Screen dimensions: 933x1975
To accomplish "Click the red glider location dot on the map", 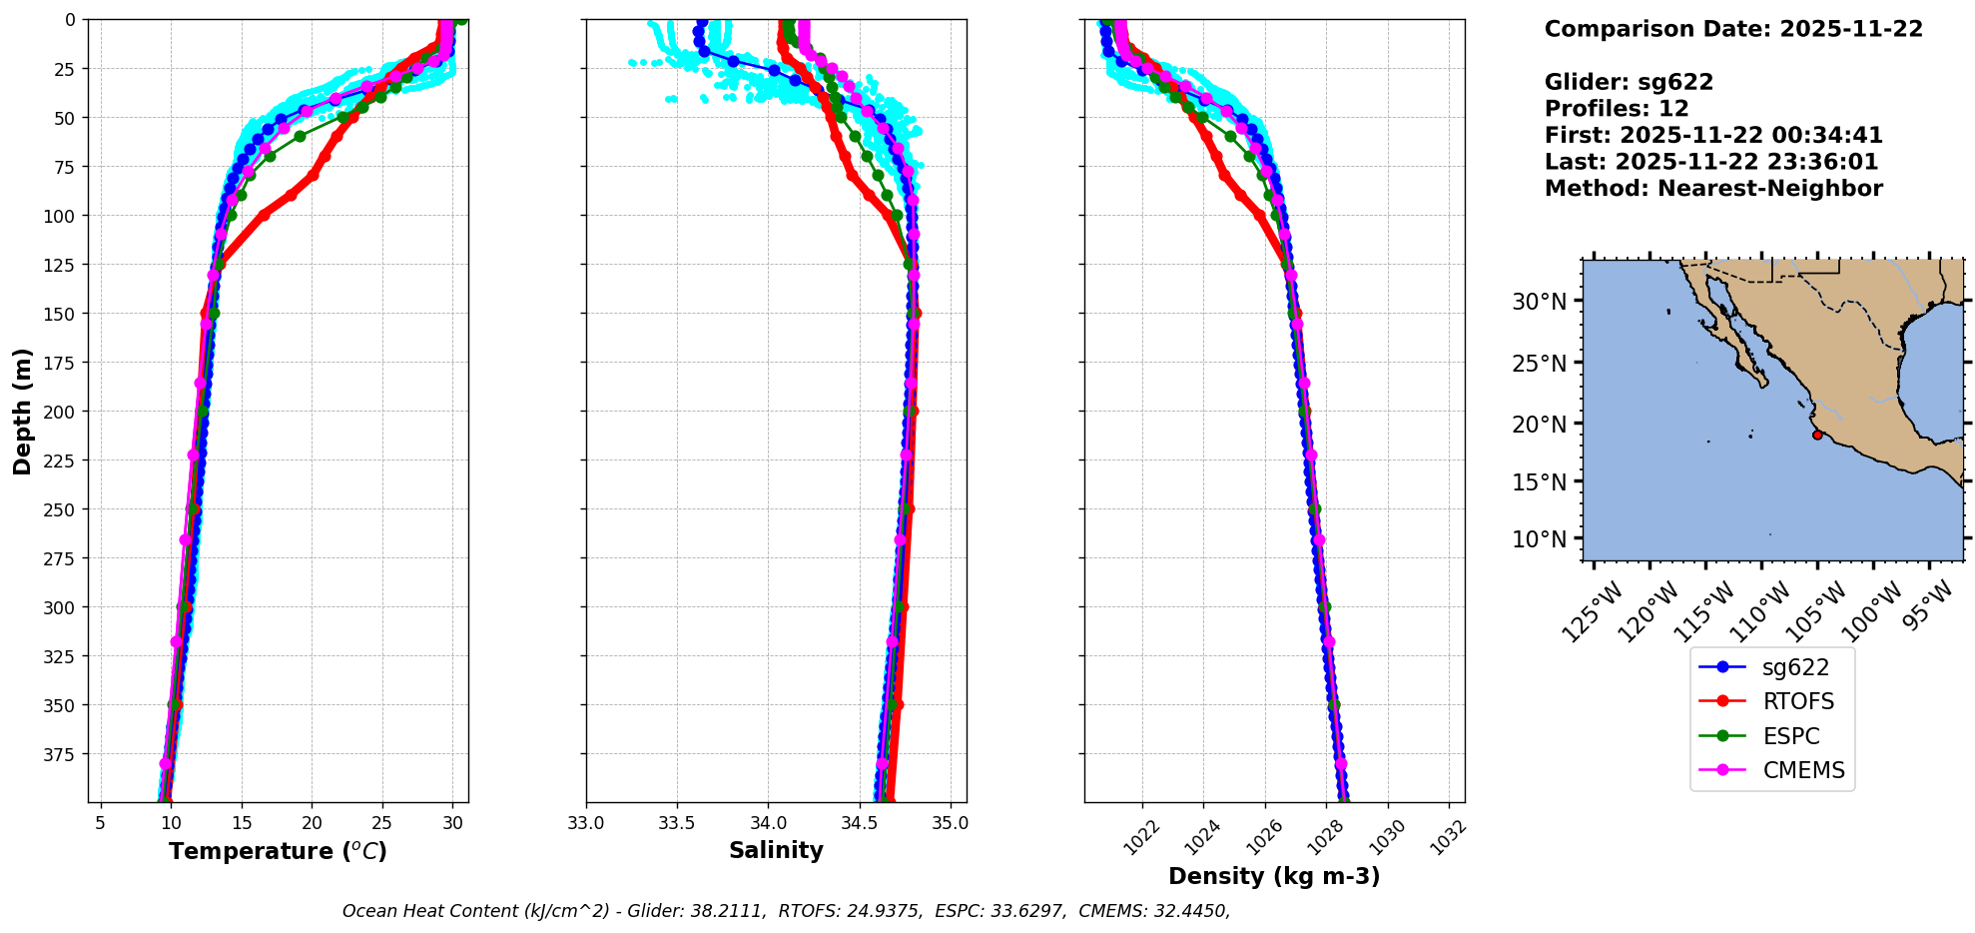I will (1817, 435).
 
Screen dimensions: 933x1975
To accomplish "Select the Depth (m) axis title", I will (23, 411).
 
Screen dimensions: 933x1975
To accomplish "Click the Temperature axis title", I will (278, 851).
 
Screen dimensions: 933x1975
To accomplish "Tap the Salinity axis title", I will (776, 851).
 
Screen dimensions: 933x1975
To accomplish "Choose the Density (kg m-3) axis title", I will (1274, 876).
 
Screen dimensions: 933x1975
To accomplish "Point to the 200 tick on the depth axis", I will (61, 412).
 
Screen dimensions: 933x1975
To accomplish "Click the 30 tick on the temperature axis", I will (453, 823).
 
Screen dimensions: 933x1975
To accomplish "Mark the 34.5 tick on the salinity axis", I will (859, 823).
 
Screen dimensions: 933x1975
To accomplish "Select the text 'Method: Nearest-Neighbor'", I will (1713, 189).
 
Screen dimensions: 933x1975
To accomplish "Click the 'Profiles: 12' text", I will (1617, 109).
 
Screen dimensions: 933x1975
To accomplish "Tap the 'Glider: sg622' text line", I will (1629, 82).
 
